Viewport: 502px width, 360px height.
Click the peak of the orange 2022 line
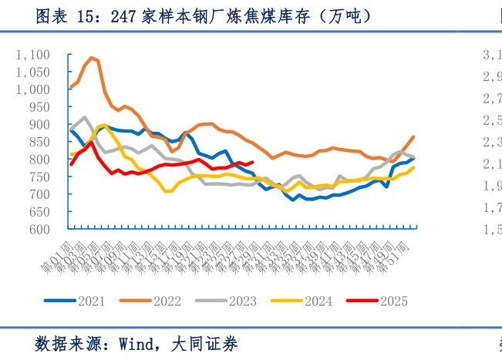pos(93,58)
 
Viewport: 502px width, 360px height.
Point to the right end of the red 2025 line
pos(252,162)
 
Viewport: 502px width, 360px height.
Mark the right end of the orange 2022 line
pos(414,137)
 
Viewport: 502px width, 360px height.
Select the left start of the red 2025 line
pos(71,164)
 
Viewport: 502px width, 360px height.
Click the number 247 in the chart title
pos(124,16)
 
